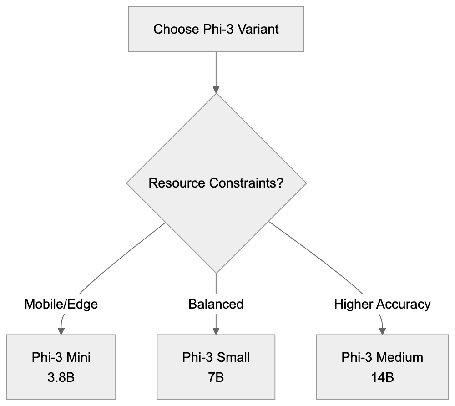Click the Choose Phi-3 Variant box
click(216, 29)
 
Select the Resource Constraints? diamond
click(216, 183)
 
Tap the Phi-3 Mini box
click(61, 367)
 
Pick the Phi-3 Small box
click(216, 367)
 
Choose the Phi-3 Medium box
click(382, 367)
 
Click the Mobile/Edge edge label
click(61, 304)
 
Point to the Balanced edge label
click(216, 304)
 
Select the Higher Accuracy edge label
click(382, 304)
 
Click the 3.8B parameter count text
click(61, 377)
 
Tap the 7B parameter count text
click(216, 377)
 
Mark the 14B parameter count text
click(382, 377)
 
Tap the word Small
click(233, 357)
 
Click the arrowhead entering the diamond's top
click(216, 89)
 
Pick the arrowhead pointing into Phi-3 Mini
click(61, 330)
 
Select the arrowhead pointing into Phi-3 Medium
click(382, 330)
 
